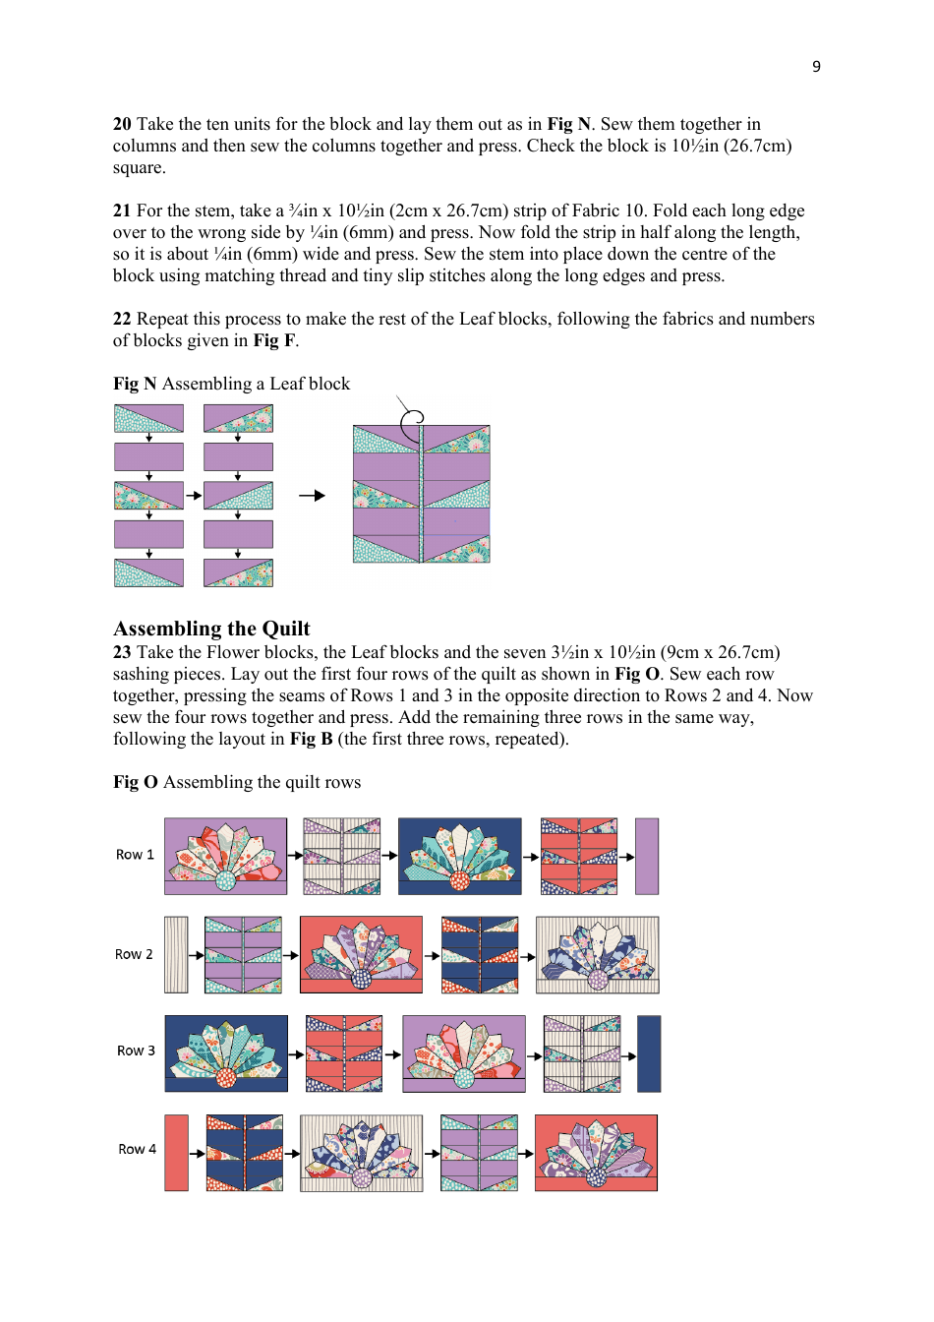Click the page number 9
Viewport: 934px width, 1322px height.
pos(816,66)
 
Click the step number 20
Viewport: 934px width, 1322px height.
pos(122,124)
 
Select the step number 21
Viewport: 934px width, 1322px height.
pos(122,210)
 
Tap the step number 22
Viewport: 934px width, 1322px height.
pos(122,319)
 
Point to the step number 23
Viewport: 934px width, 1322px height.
pos(122,652)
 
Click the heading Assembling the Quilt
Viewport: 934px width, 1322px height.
pos(211,629)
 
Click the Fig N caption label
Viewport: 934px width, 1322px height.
pos(135,384)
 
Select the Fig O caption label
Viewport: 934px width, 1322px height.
pos(136,782)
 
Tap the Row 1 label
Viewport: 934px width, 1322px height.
pos(135,855)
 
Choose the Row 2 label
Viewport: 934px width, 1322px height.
pos(134,954)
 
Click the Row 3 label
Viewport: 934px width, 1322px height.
pos(136,1051)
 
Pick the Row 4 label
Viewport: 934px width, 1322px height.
pos(137,1149)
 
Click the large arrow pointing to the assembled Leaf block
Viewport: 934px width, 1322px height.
pos(312,496)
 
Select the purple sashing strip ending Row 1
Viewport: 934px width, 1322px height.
pos(647,856)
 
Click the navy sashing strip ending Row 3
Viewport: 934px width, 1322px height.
pos(649,1053)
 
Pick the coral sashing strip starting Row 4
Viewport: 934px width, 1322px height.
pos(176,1153)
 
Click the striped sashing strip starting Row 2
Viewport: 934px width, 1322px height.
pos(176,955)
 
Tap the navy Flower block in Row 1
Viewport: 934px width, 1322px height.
pos(459,856)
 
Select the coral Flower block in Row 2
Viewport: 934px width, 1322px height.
pos(361,954)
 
